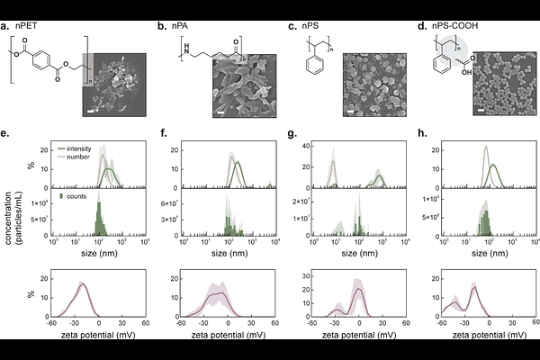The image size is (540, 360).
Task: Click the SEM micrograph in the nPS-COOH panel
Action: [501, 85]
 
